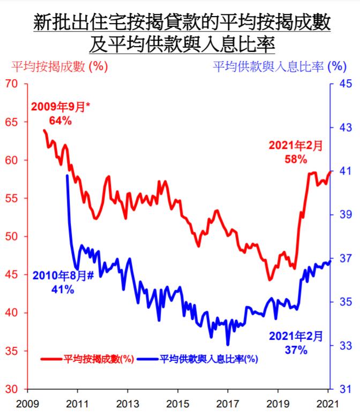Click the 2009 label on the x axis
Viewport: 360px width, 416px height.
pyautogui.click(x=26, y=402)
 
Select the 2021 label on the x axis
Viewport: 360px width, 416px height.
pyautogui.click(x=328, y=402)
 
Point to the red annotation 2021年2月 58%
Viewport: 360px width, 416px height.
pyautogui.click(x=295, y=152)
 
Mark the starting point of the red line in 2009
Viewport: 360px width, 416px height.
pyautogui.click(x=44, y=130)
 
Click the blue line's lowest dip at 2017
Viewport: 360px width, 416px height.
pyautogui.click(x=228, y=345)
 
